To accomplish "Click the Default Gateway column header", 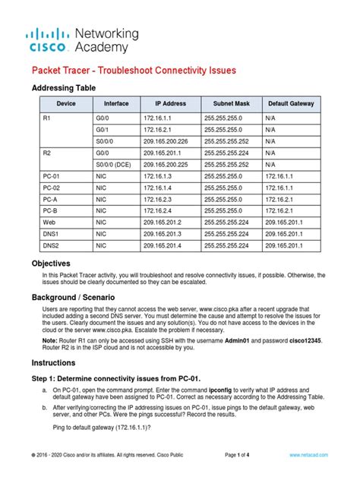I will [x=292, y=103].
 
